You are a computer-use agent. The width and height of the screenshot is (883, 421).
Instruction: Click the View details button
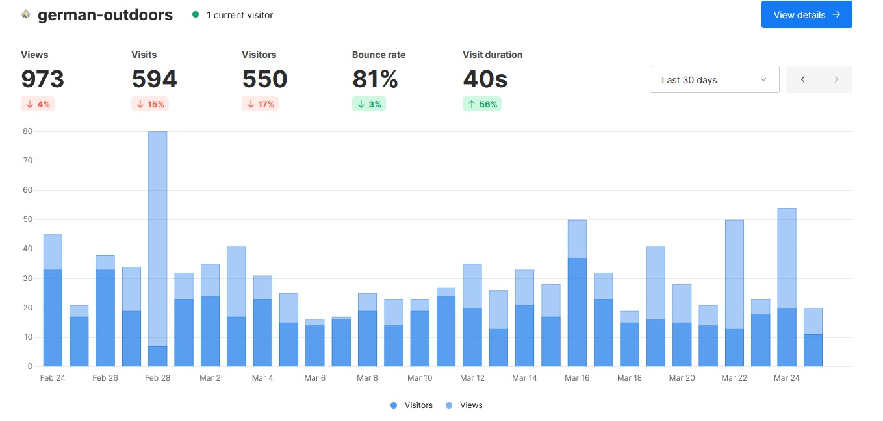point(806,15)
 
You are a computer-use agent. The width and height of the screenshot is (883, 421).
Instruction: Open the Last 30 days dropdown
point(714,80)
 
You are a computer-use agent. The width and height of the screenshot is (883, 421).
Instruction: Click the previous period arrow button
point(802,80)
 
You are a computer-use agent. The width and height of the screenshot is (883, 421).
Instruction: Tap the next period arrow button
point(836,80)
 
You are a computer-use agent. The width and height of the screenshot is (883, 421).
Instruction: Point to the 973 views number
point(43,79)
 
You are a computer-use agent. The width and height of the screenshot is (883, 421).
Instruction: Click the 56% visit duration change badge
point(481,105)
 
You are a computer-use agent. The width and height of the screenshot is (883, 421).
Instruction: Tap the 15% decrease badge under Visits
point(150,105)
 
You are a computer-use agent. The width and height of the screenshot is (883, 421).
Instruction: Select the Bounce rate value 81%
point(375,79)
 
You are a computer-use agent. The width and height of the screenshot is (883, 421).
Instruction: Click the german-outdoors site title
point(105,15)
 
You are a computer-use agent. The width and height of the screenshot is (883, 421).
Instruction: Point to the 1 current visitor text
point(239,15)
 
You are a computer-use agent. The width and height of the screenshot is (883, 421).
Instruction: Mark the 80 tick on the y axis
point(27,131)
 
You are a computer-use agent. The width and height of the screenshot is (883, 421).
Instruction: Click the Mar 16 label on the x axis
point(577,378)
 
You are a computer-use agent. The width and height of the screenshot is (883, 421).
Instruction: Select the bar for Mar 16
point(577,293)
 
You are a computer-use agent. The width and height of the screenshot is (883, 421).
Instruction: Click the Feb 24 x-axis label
point(53,378)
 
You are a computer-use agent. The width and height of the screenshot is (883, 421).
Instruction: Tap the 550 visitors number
point(264,79)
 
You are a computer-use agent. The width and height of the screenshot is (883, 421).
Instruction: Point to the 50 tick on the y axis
point(27,220)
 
